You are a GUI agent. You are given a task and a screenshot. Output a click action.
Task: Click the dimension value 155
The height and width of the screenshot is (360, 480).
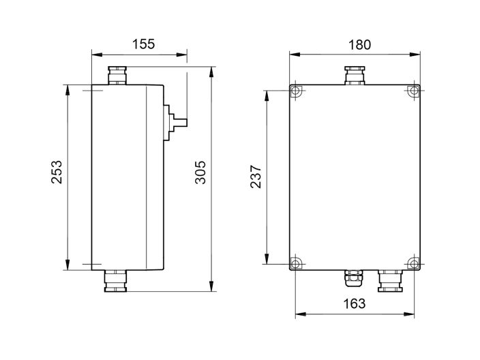pos(143,44)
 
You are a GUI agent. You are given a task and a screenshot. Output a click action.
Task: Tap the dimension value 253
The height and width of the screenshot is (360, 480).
pos(57,172)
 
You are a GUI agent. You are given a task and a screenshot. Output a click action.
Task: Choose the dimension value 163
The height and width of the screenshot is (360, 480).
pos(355,303)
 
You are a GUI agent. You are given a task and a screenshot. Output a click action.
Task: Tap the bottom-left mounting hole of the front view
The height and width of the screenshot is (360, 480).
pos(295,263)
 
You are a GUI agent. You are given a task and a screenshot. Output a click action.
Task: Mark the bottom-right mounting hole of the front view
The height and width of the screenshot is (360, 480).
pos(413,263)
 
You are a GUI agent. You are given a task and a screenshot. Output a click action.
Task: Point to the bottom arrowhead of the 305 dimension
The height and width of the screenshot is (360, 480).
pos(212,287)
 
